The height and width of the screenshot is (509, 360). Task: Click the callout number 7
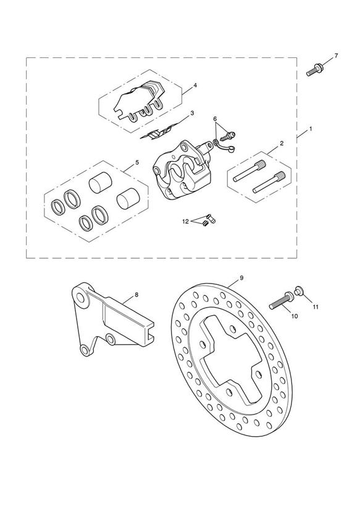336,56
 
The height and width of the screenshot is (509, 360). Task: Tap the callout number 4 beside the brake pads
195,85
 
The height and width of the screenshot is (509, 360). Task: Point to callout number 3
192,113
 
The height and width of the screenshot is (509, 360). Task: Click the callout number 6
215,119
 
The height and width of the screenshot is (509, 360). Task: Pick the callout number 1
311,129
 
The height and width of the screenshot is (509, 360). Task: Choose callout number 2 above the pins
282,143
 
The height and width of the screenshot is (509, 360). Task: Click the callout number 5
137,162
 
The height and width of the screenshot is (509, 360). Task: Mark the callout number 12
185,222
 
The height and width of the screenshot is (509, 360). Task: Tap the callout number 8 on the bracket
136,295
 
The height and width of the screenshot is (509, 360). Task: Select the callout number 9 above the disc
241,278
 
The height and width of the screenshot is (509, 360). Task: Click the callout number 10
295,316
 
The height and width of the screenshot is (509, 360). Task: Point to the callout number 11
316,307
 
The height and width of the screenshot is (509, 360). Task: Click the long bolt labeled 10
280,301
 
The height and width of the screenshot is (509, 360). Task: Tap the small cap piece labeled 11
298,290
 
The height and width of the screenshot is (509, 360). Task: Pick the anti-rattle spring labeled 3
156,133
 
